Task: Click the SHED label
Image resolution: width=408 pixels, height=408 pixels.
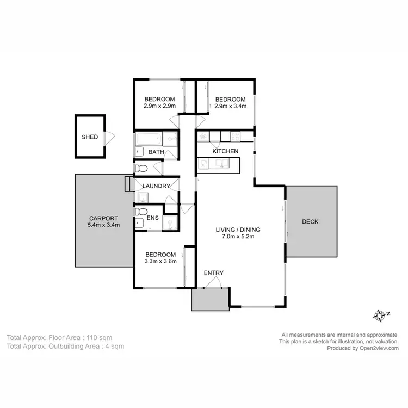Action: (x=90, y=137)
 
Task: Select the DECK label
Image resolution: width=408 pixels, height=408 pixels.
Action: (x=310, y=222)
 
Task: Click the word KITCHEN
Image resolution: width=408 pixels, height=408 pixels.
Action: (x=225, y=151)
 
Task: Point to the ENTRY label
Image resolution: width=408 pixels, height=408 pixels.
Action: (x=214, y=273)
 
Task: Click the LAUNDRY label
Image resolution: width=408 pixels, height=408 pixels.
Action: (x=156, y=186)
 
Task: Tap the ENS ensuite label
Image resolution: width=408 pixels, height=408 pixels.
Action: (x=153, y=219)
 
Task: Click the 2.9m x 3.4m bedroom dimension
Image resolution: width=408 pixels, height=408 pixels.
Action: (x=231, y=106)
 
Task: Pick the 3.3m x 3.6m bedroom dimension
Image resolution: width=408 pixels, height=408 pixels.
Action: (x=160, y=262)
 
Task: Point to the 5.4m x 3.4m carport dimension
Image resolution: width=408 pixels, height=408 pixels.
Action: (x=103, y=225)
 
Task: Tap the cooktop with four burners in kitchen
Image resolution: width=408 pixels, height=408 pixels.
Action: (x=236, y=136)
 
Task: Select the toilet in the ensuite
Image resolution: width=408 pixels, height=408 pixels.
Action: (x=140, y=211)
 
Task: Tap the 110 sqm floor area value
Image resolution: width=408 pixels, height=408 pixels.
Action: (x=101, y=337)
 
